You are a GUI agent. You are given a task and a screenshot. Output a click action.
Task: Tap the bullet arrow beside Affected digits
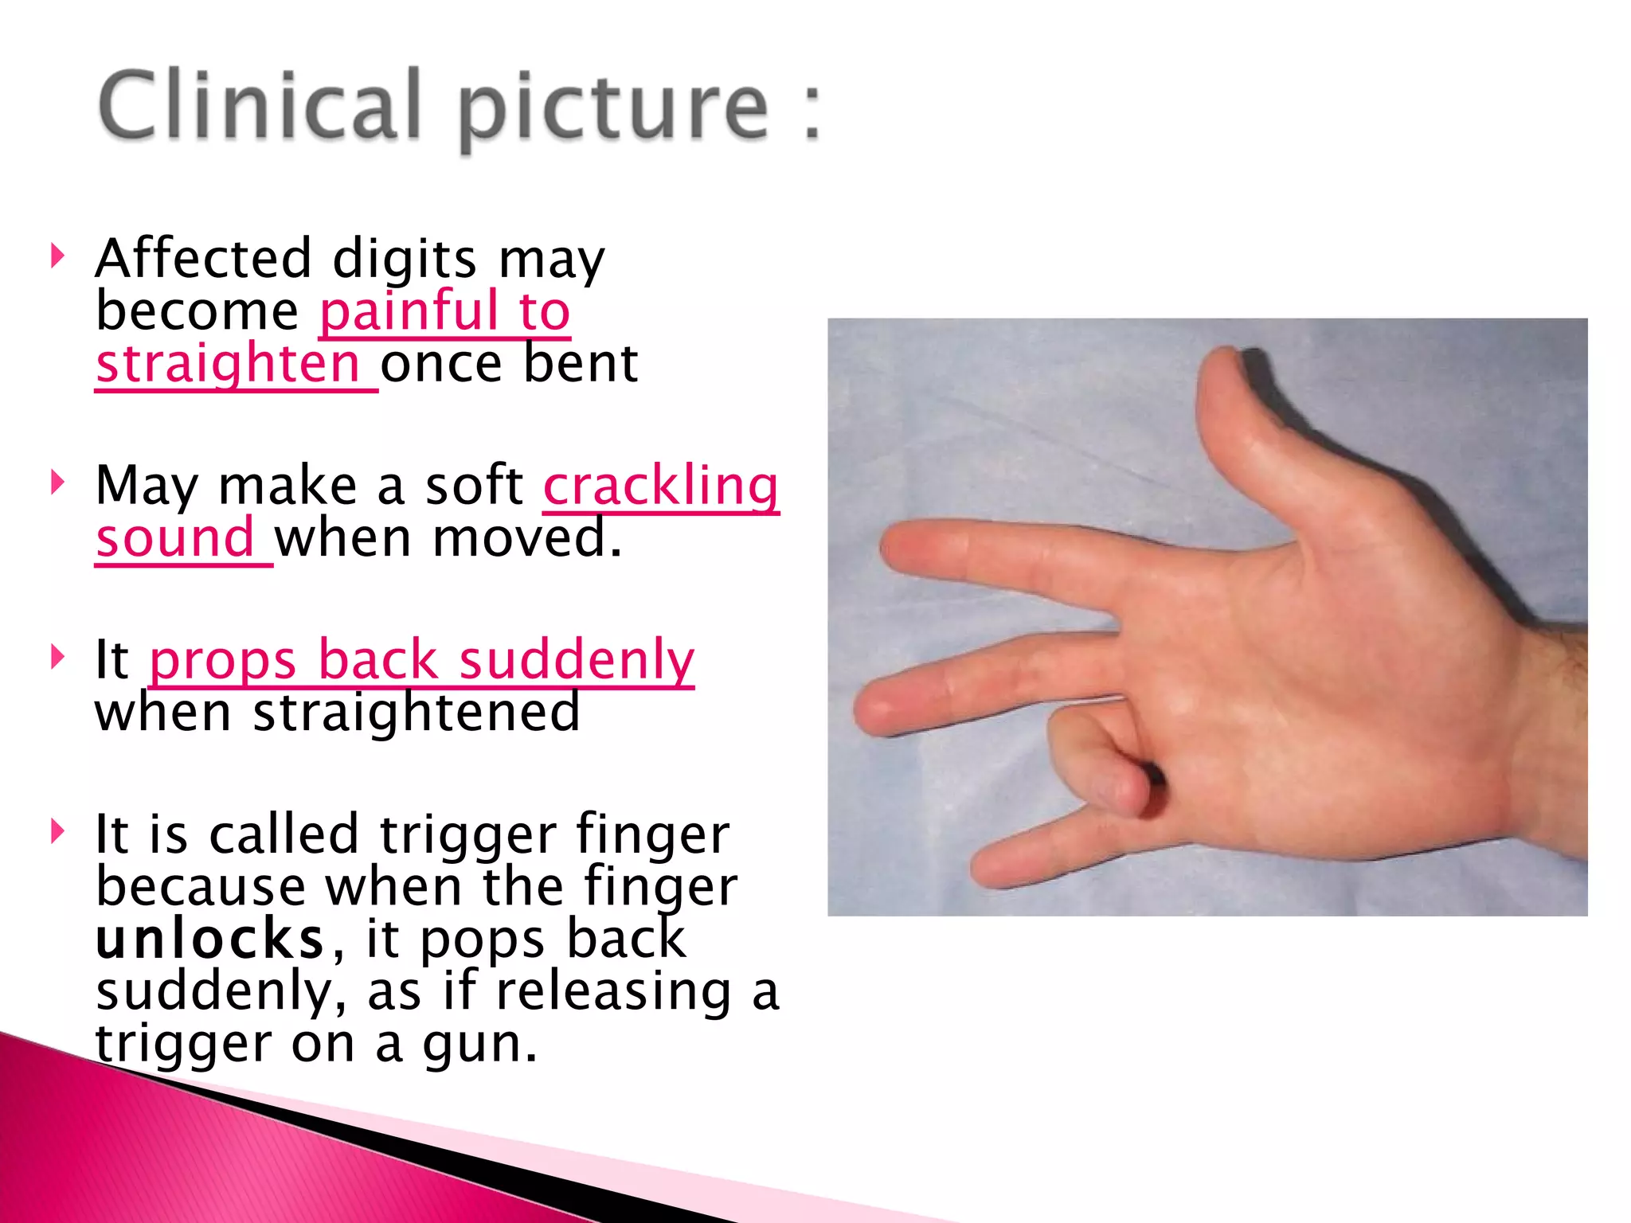click(57, 256)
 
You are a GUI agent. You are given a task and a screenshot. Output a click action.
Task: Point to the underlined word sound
click(175, 538)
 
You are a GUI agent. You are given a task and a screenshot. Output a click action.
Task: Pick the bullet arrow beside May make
click(57, 483)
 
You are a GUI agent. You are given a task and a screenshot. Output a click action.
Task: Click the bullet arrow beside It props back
click(57, 657)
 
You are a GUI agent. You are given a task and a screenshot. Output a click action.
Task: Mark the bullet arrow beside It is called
click(57, 831)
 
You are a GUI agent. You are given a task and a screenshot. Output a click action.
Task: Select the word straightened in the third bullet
click(417, 712)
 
